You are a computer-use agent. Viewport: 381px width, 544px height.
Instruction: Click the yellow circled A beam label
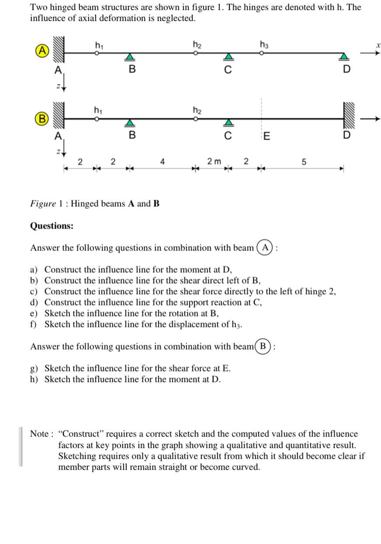click(x=42, y=50)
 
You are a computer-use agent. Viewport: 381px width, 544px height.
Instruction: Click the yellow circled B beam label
click(x=42, y=118)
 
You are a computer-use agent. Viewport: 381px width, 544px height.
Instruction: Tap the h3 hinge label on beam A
click(x=264, y=44)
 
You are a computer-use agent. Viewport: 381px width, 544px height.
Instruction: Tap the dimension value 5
click(x=304, y=162)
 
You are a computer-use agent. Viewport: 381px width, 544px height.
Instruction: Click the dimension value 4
click(x=162, y=162)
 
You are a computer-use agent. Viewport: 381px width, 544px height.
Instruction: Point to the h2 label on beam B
click(x=197, y=110)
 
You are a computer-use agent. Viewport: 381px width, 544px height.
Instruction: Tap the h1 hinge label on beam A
click(x=99, y=44)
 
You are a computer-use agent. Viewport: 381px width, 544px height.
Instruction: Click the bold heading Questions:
click(x=52, y=226)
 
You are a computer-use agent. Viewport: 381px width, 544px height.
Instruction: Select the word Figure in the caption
click(x=43, y=204)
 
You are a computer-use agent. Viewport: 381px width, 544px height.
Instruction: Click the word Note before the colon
click(x=39, y=434)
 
